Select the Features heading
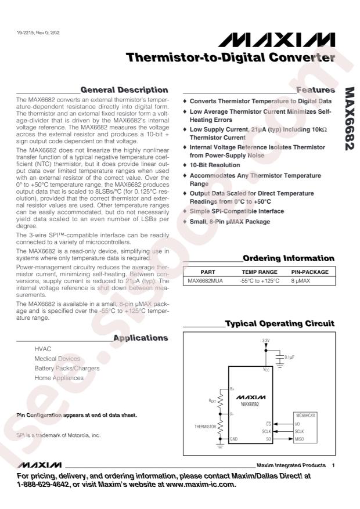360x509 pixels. point(315,90)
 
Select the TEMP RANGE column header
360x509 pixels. point(259,272)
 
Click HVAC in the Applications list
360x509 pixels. point(43,349)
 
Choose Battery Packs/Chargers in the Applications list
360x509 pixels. point(67,369)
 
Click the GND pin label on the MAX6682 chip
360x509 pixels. point(235,439)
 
